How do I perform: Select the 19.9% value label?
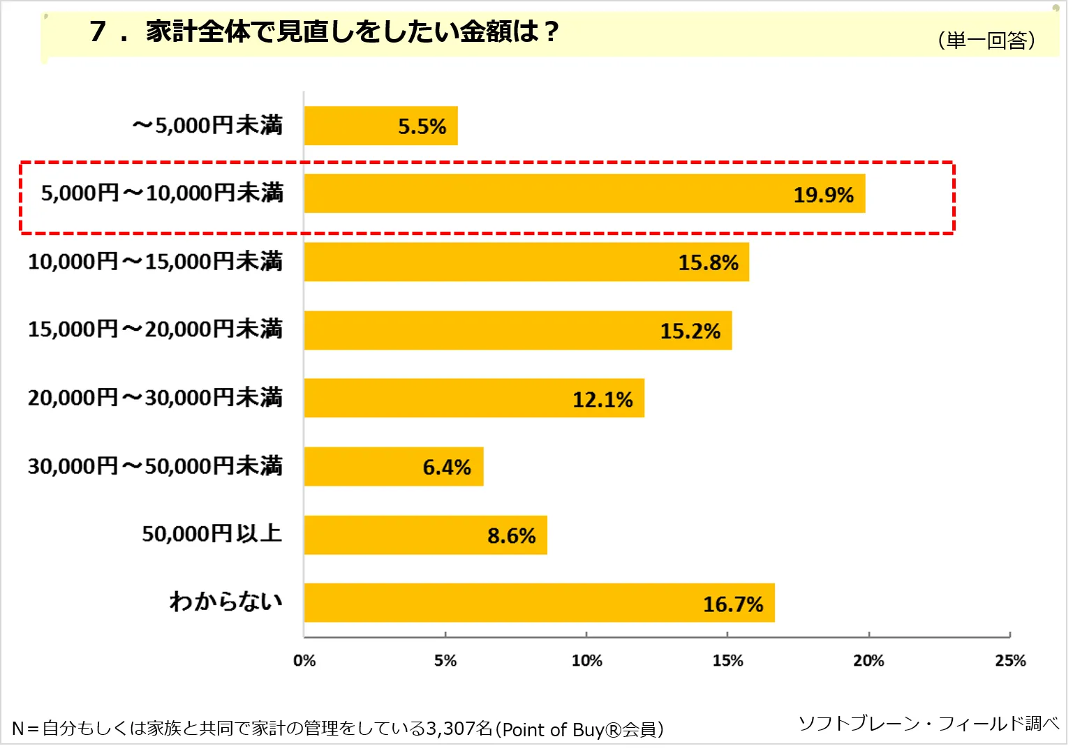pos(823,195)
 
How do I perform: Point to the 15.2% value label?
pos(690,331)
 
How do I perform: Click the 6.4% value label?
pos(447,468)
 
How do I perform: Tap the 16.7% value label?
pos(732,604)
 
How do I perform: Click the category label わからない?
pos(225,602)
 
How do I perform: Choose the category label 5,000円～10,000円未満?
pos(162,193)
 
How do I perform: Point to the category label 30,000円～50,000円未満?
pos(155,466)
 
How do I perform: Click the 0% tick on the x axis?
pos(304,661)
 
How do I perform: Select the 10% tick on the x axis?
pos(586,661)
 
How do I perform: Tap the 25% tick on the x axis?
pos(1010,661)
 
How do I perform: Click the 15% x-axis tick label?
pos(727,661)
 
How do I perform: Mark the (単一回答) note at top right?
pos(986,40)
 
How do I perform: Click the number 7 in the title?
pos(98,31)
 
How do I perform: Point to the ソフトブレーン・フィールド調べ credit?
pos(928,724)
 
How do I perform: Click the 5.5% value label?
pos(422,127)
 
